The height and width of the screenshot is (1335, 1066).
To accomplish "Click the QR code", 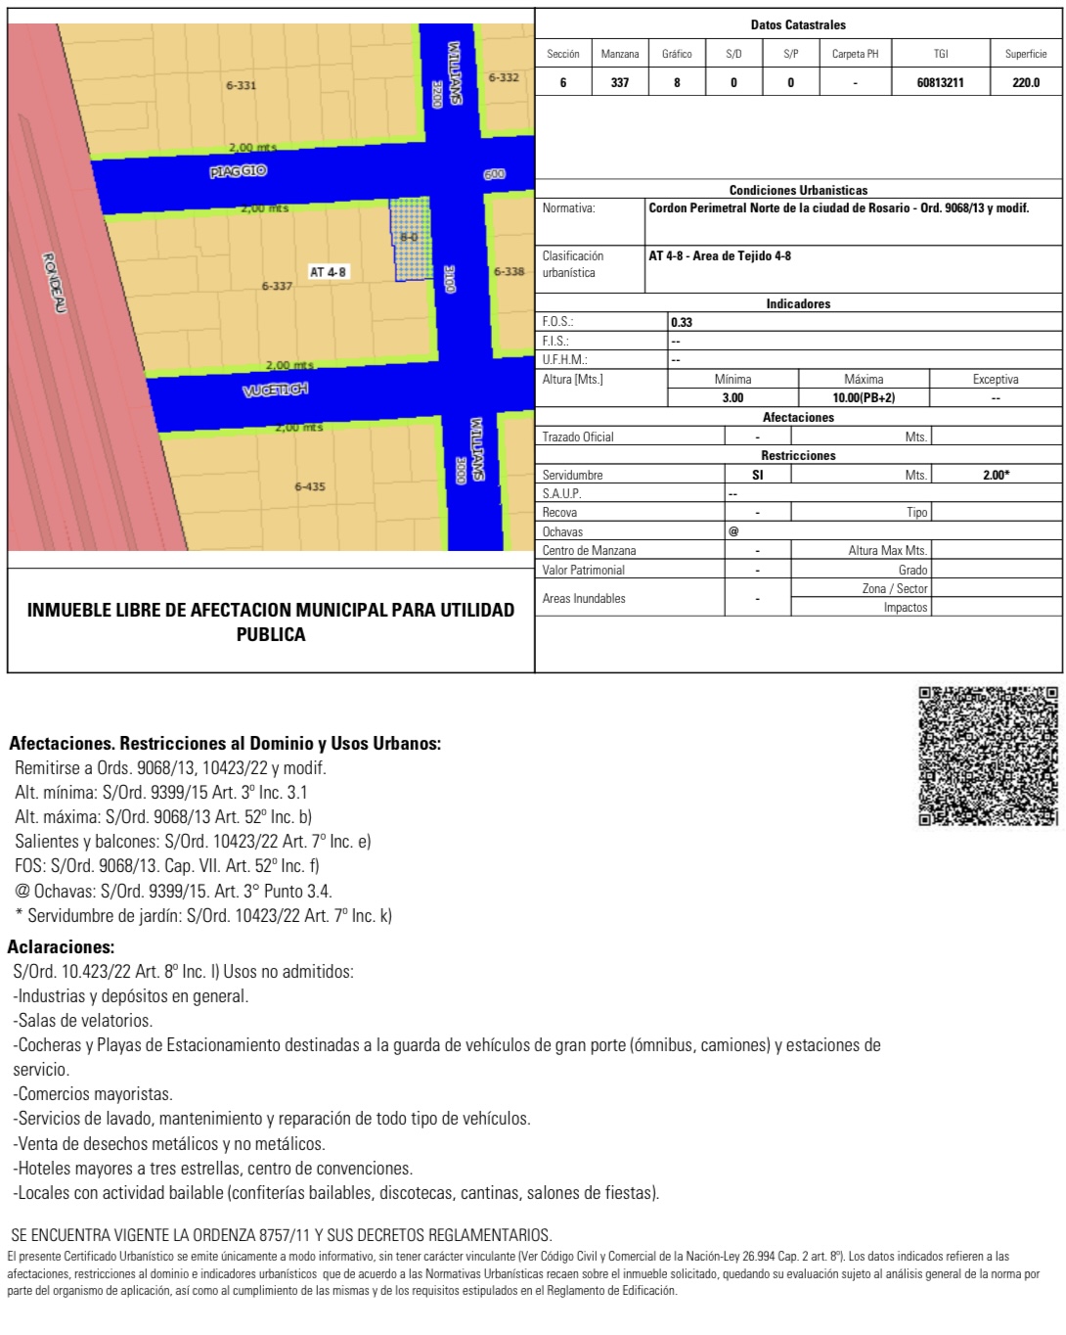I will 988,756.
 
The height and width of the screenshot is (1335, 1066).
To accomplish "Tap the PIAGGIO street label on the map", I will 238,171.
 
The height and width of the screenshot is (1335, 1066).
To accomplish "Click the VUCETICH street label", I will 276,390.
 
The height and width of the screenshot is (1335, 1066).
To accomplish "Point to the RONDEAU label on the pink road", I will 54,283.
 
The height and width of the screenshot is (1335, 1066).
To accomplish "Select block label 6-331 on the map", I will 241,85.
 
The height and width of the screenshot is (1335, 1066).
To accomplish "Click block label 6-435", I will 310,486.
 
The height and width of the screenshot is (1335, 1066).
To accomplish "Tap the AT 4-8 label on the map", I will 328,272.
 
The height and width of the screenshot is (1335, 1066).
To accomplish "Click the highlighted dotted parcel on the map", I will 412,239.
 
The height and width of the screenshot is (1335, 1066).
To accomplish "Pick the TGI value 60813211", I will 940,82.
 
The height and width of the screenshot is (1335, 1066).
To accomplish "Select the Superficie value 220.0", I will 1026,82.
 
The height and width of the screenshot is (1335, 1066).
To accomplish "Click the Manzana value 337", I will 620,82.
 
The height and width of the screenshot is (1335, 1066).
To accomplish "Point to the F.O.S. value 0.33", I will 682,322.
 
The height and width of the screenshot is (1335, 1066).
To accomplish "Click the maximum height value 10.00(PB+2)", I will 864,397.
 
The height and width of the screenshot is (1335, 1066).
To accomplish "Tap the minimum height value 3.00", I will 733,397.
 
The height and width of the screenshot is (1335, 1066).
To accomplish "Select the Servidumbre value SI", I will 758,475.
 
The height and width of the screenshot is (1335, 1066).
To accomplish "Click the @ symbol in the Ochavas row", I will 733,531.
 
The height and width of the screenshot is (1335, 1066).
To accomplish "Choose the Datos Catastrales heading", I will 798,24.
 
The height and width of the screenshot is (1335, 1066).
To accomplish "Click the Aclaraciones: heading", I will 62,946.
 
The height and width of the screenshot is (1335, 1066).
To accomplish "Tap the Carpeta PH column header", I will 855,54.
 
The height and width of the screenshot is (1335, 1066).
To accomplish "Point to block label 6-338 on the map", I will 509,272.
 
